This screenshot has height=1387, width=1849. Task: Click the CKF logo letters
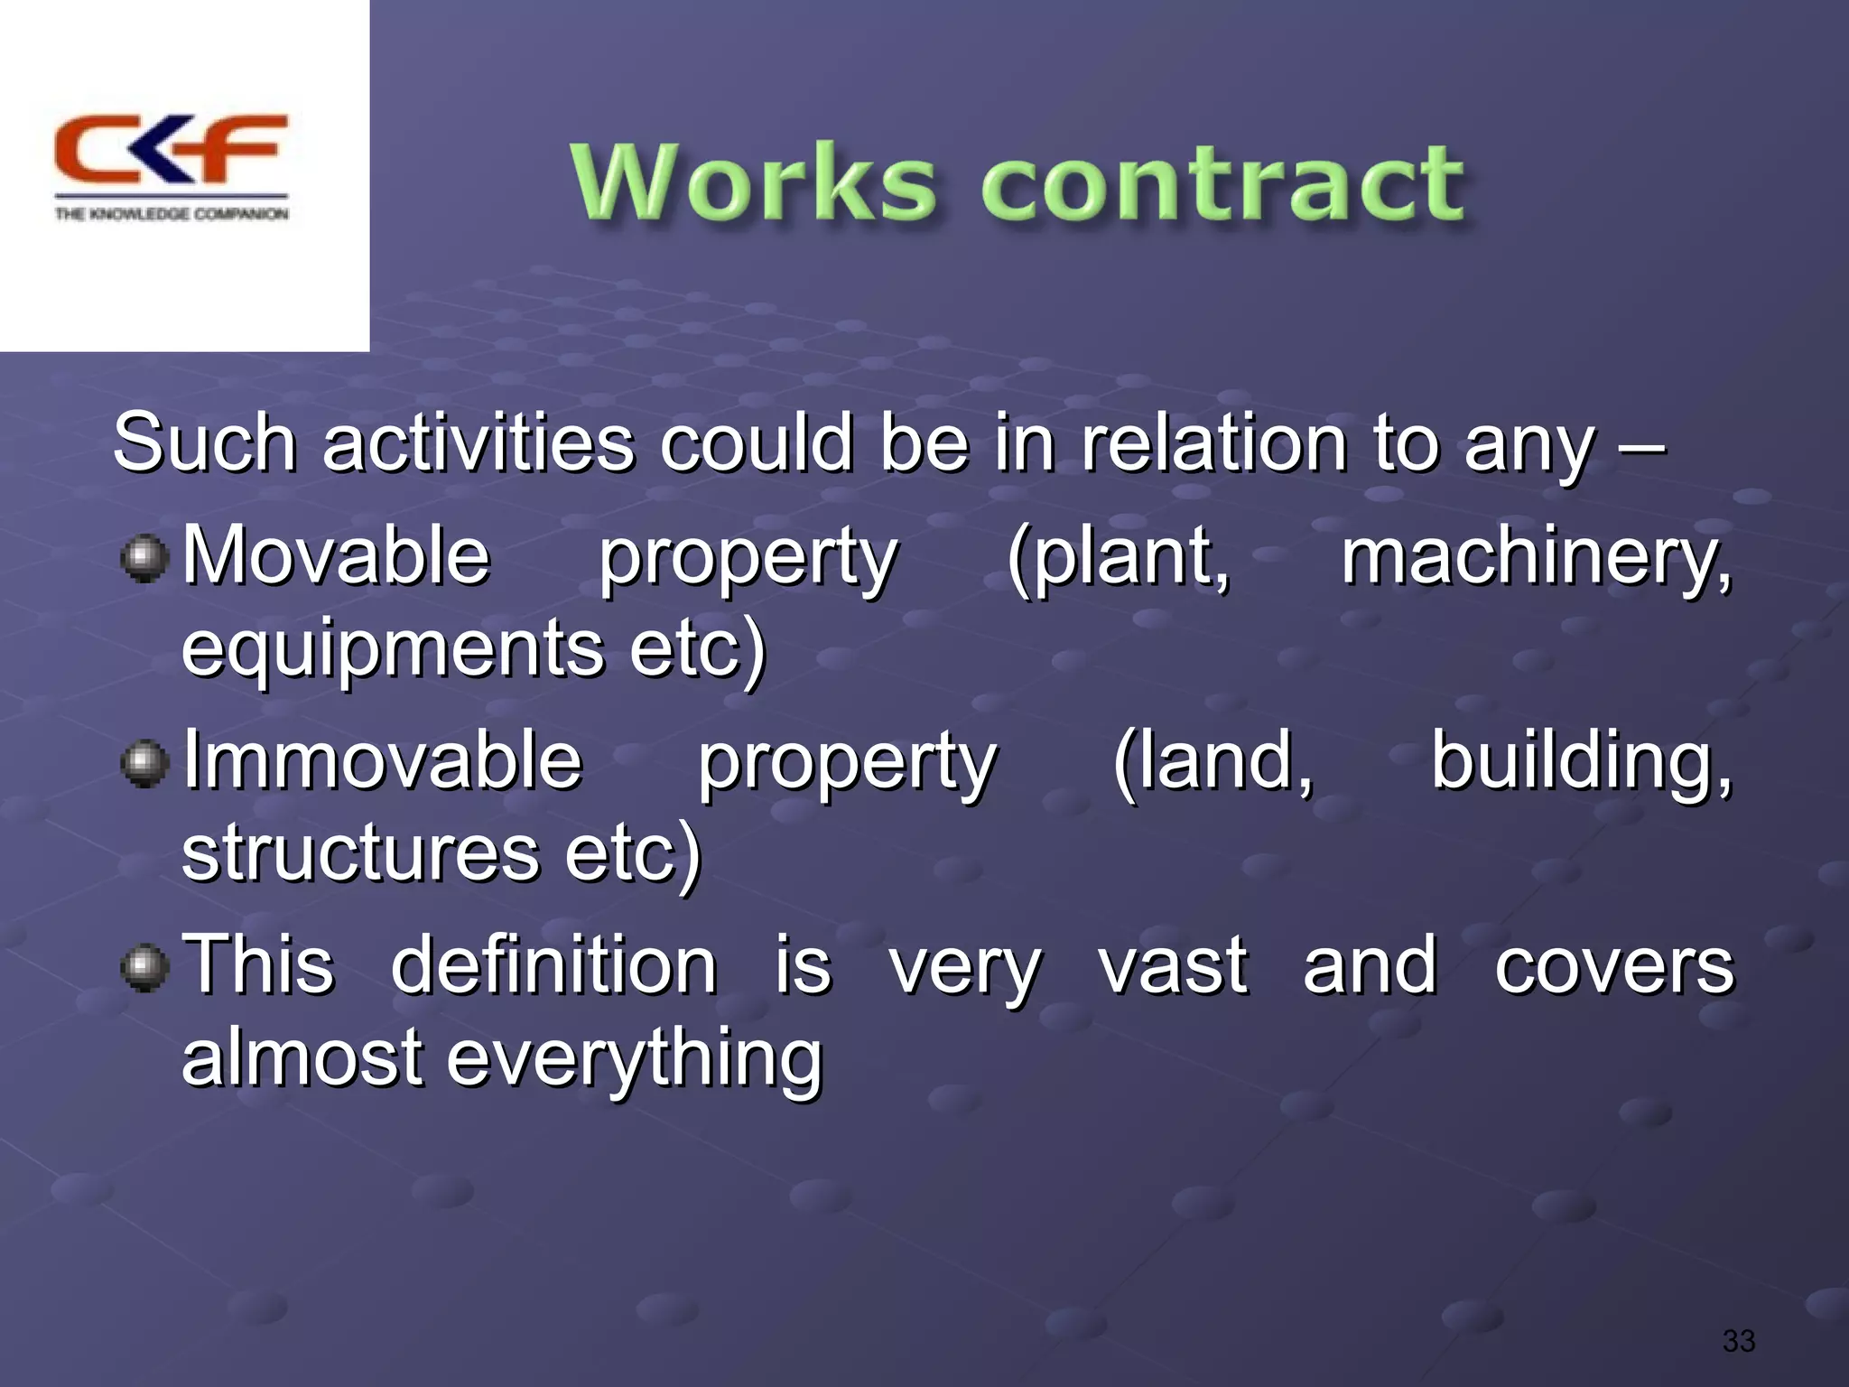point(170,149)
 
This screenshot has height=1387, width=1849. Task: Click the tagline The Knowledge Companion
point(172,214)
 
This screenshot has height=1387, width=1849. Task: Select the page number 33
point(1738,1340)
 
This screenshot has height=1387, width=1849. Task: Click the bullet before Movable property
point(144,559)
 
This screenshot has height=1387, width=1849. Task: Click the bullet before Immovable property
point(144,764)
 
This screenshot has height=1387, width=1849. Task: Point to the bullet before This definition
point(144,969)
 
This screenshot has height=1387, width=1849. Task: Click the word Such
point(205,442)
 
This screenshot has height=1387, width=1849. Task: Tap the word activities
point(479,442)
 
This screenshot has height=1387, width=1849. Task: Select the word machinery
point(1536,557)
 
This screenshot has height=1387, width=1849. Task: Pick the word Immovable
point(383,760)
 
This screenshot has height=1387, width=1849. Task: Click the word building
point(1581,760)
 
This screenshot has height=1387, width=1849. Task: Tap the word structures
point(360,853)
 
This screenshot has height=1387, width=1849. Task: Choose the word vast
point(1173,966)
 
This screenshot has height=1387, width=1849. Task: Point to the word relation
point(1214,442)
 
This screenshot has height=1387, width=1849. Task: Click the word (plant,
point(1119,557)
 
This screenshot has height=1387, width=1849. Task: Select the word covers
point(1613,966)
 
